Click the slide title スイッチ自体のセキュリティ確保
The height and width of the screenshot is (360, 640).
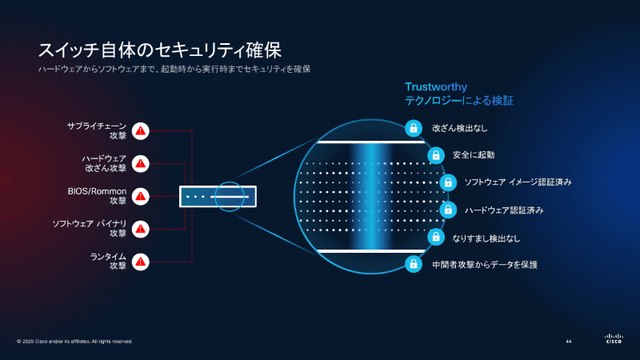tap(159, 50)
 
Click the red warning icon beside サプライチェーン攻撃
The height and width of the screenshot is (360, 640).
tap(141, 130)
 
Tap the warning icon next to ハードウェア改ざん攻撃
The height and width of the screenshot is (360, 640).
tap(141, 163)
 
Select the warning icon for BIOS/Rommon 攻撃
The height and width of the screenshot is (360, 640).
tap(141, 196)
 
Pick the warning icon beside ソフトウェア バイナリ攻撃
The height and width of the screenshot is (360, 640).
tap(141, 229)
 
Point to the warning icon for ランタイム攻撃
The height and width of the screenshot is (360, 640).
tap(141, 261)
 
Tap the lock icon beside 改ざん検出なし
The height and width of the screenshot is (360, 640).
tap(413, 128)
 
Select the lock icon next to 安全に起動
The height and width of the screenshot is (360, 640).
tap(435, 155)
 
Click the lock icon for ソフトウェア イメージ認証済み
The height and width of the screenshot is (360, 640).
tap(448, 182)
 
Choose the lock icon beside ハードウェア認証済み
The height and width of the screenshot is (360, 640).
tap(448, 210)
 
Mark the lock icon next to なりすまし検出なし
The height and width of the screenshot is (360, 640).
tap(435, 237)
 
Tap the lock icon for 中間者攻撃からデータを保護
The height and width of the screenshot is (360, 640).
tap(413, 263)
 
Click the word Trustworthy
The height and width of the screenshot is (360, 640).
tap(436, 86)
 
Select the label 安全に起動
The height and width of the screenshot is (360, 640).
tap(474, 155)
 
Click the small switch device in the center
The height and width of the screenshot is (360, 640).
tap(218, 196)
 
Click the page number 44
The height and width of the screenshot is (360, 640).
tap(568, 342)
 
